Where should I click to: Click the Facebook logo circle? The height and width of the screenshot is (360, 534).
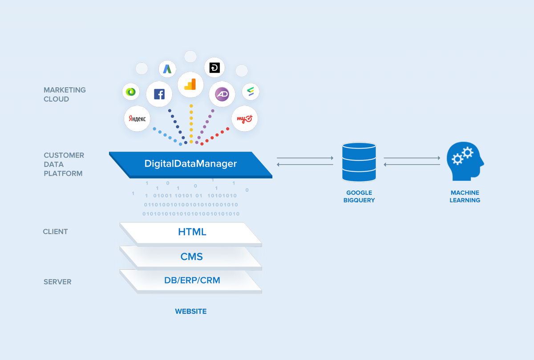tap(159, 94)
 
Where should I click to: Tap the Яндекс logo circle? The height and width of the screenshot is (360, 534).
tap(137, 119)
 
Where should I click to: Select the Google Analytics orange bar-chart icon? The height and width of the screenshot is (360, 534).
tap(190, 85)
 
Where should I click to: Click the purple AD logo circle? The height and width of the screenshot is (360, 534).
tap(222, 94)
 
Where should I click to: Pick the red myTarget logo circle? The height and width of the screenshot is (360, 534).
tap(244, 119)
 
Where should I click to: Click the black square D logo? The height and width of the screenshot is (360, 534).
tap(214, 68)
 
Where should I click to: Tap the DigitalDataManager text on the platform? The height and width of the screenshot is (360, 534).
tap(190, 164)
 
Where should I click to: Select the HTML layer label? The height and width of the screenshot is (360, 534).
tap(192, 232)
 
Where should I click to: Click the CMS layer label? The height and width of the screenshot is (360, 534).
tap(192, 257)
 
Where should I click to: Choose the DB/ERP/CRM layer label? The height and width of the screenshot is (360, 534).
tap(192, 280)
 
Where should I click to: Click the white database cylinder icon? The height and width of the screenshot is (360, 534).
tap(359, 162)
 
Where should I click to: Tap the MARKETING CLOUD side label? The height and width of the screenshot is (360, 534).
tap(65, 94)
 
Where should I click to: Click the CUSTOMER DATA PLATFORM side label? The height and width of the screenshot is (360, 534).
tap(64, 164)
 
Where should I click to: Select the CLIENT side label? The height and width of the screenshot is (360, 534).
tap(55, 232)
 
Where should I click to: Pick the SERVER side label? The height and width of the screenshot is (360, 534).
tap(57, 282)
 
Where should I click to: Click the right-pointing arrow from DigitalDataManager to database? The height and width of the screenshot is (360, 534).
tap(305, 158)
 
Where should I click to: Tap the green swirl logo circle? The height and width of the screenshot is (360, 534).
tap(131, 92)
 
